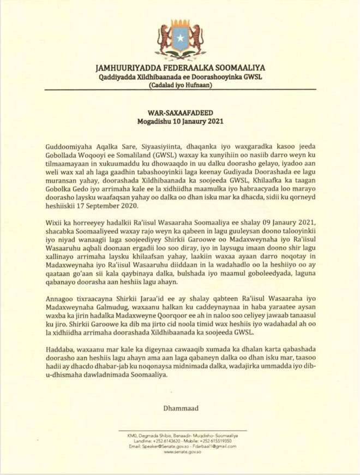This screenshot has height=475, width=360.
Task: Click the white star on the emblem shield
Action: point(180,39)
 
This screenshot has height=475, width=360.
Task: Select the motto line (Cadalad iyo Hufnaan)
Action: point(179,86)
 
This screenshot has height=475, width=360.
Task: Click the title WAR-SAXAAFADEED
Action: point(179,110)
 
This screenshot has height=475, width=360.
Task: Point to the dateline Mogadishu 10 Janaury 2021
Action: point(179,120)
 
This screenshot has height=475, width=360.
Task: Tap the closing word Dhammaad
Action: point(179,406)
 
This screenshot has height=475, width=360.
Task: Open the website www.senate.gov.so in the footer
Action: point(179,452)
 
